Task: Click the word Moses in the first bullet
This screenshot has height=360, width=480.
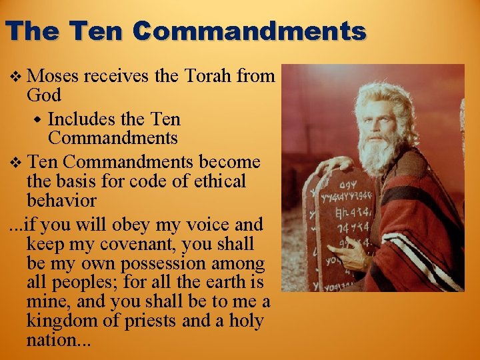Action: (53, 76)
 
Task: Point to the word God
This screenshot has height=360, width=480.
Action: (43, 95)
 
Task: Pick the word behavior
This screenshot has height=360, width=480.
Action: (61, 200)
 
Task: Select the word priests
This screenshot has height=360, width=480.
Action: (145, 321)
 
